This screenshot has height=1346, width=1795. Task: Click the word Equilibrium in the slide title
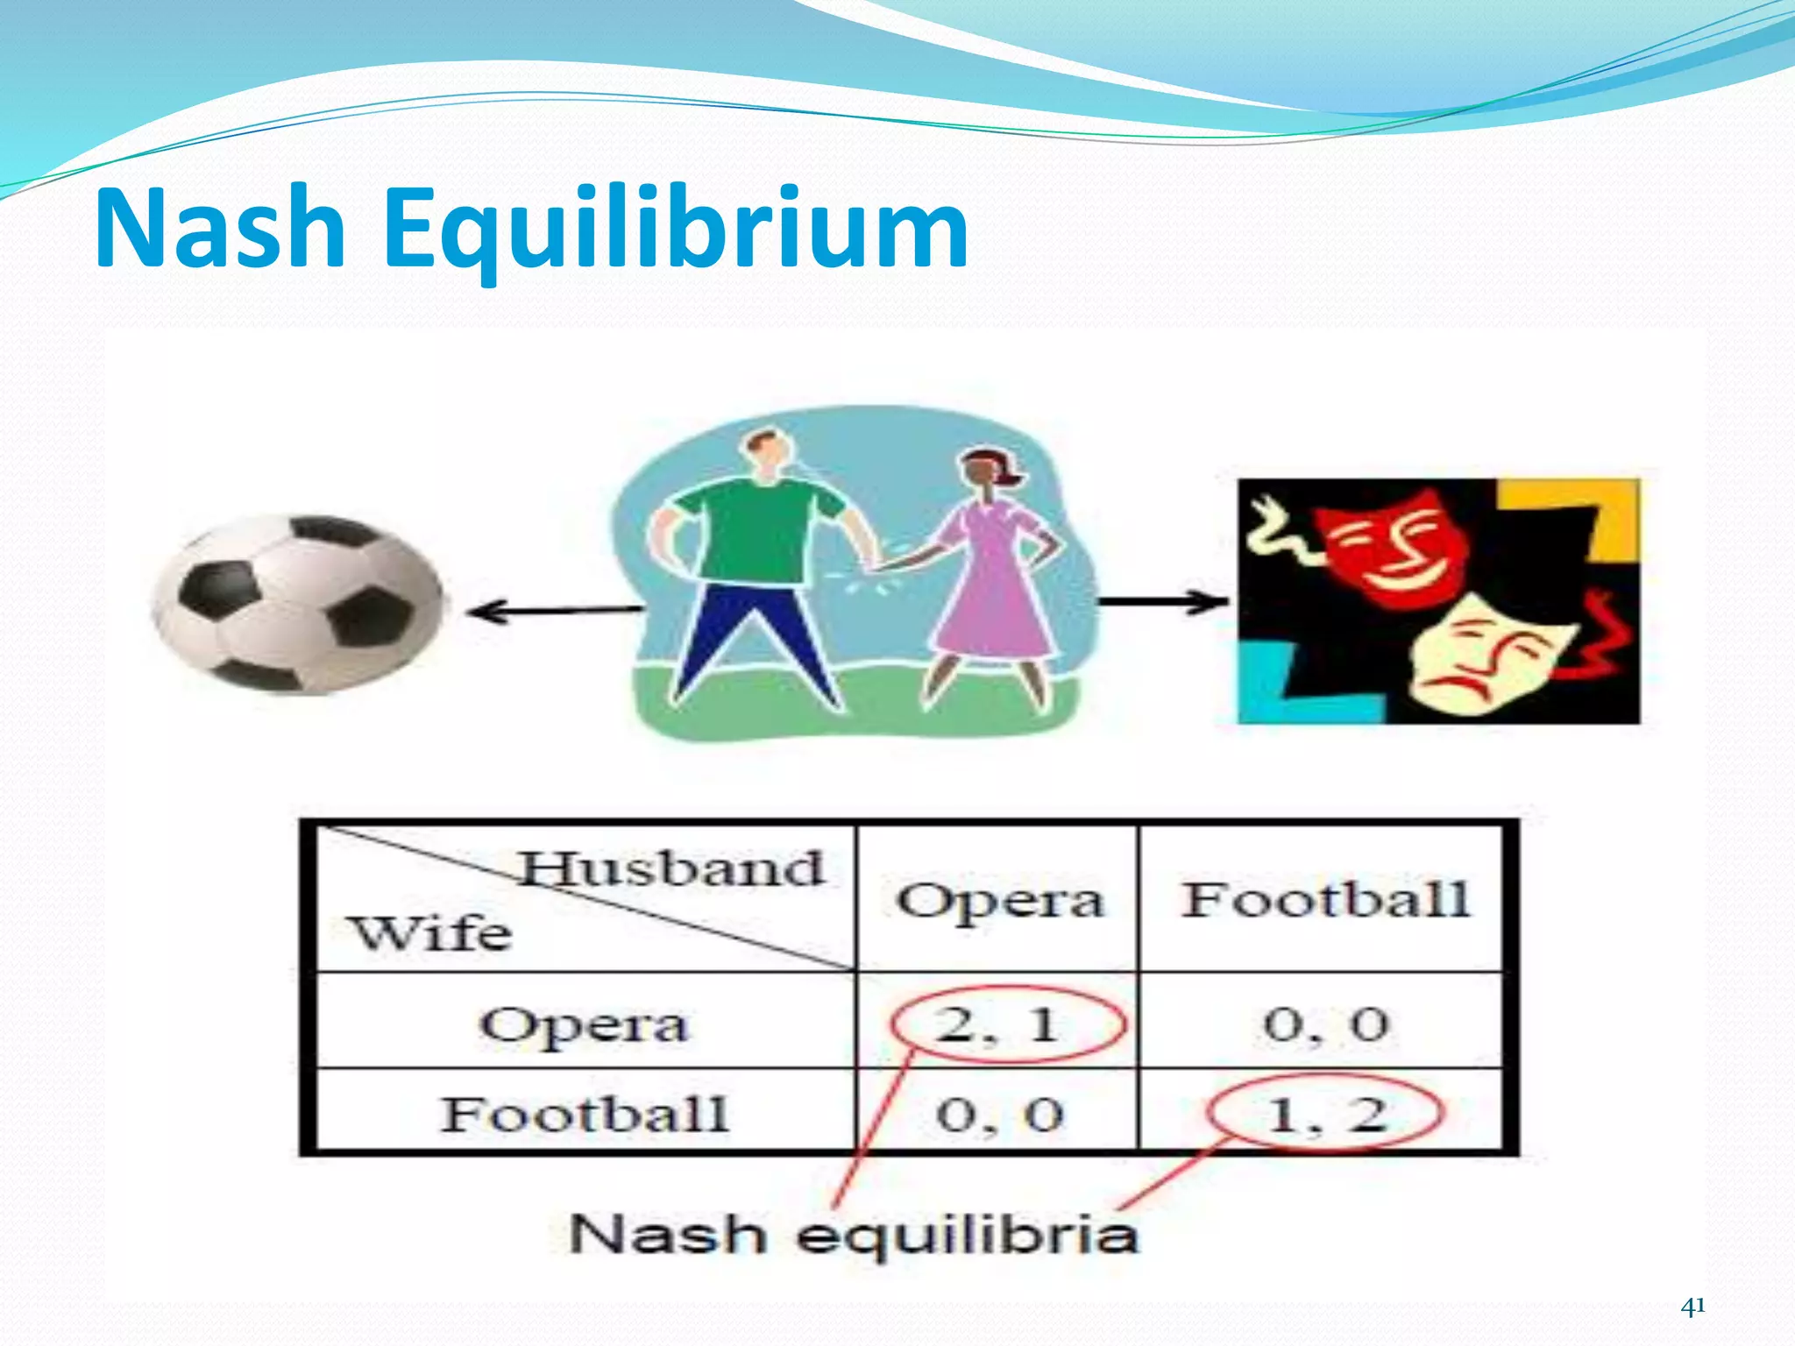click(675, 230)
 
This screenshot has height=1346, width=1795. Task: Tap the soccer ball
click(298, 605)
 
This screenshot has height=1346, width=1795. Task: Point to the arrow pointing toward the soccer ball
click(552, 610)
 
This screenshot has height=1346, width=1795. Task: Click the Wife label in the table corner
click(429, 932)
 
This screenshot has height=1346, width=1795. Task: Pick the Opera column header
click(999, 901)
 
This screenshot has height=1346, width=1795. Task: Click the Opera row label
click(584, 1024)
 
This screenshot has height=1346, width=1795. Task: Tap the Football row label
click(584, 1115)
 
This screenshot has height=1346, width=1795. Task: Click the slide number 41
click(1692, 1307)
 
